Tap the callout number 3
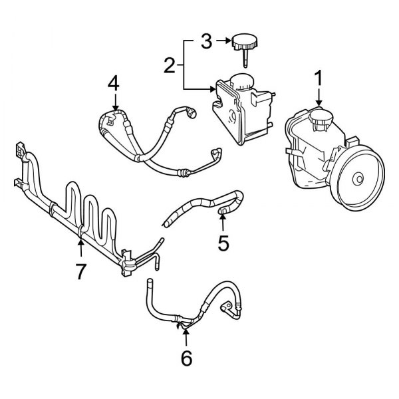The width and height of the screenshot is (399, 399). point(207,43)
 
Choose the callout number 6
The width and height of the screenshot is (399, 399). point(186,358)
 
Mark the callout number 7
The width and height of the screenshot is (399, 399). point(81,272)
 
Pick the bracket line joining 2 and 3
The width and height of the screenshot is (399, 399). point(184,65)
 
